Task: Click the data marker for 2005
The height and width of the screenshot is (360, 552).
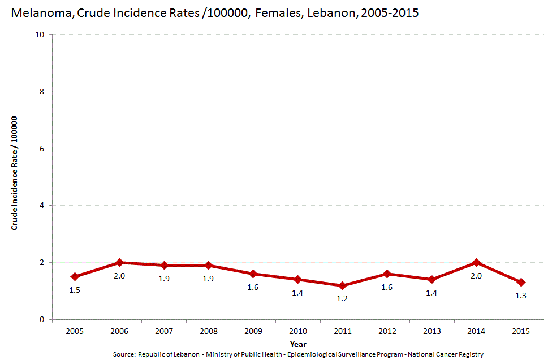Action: coord(75,276)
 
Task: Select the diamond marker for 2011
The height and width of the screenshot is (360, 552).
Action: coord(342,285)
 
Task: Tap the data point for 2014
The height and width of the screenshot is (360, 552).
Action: coord(476,263)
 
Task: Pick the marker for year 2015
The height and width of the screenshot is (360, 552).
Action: coord(521,282)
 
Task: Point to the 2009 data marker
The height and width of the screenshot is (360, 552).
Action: coord(253,274)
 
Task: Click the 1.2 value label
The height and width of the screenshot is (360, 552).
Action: coord(342,298)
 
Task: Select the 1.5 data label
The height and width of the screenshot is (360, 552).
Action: coord(75,290)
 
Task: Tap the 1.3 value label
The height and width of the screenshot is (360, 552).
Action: coord(521,296)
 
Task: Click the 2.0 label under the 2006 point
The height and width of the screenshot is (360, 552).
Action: coord(119,276)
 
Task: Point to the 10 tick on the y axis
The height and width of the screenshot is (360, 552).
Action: coord(40,34)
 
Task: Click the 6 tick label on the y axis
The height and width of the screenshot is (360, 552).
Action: coord(42,149)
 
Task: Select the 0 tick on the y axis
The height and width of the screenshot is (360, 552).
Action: coord(42,319)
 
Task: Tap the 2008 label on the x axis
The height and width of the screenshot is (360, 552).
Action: coord(209,331)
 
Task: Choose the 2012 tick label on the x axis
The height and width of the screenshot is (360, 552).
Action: coord(387,331)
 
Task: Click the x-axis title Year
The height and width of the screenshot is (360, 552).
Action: coord(298,344)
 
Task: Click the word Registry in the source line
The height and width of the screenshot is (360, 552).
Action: coord(472,354)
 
